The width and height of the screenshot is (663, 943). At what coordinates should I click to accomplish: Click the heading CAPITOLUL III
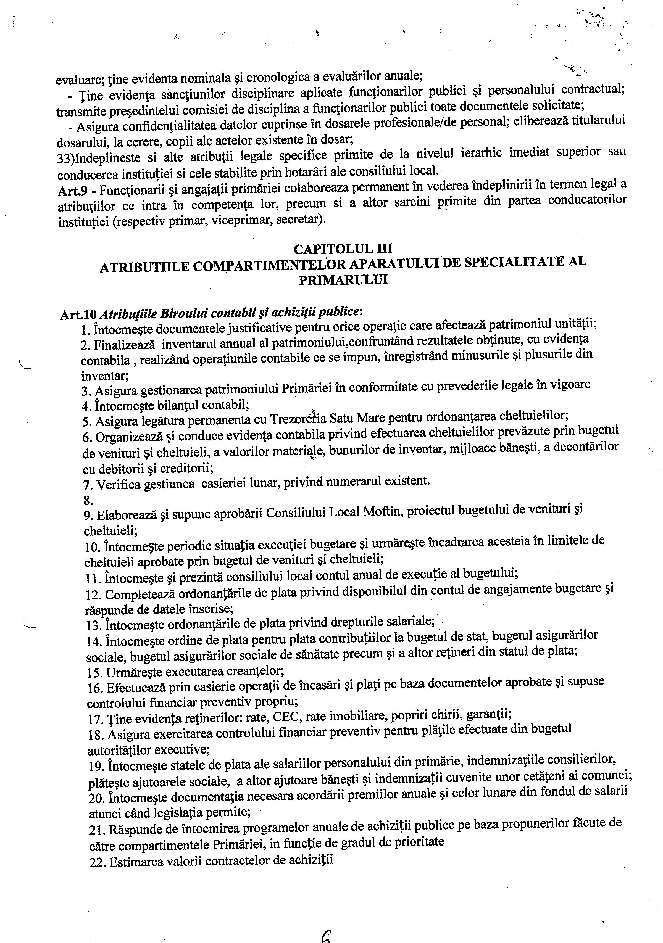343,249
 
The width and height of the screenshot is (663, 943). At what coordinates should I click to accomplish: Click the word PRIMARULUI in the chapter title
343,280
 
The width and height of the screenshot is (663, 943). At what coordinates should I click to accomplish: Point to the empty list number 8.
88,501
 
